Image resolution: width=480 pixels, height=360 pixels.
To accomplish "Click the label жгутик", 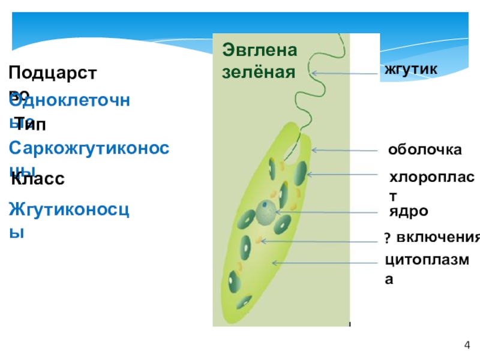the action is [x=412, y=70].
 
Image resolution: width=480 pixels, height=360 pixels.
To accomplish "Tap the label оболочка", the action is [x=425, y=150].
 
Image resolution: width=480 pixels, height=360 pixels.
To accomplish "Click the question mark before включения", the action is [x=387, y=239].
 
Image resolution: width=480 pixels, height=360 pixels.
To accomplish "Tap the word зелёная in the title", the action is [x=259, y=72].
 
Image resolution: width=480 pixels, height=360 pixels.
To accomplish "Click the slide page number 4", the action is [x=467, y=344].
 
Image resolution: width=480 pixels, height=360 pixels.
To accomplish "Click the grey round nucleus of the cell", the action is [x=266, y=211].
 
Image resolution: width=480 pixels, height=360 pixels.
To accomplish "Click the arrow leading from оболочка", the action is [x=346, y=150].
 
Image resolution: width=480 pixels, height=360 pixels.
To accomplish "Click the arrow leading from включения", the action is [x=321, y=241].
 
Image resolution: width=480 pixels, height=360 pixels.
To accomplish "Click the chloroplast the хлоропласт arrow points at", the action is [x=299, y=172].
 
